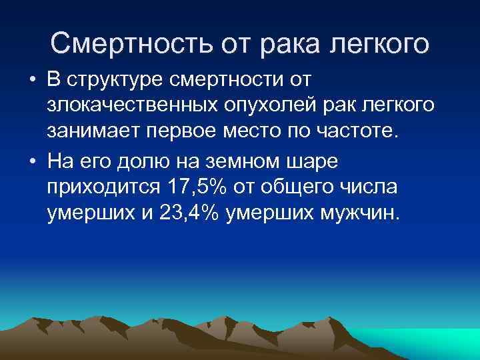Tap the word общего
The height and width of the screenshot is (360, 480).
point(300,188)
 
